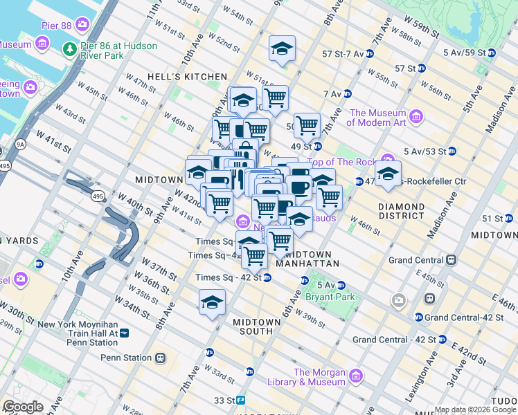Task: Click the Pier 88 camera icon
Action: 83,26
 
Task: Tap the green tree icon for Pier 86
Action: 69,48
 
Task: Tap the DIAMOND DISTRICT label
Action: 401,211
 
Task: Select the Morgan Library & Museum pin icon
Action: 356,376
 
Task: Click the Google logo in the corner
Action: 23,407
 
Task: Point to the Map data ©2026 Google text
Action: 475,409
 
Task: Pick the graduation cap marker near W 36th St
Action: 212,302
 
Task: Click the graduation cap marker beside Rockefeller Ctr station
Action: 388,173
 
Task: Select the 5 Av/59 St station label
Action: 464,52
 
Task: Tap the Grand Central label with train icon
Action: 416,260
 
